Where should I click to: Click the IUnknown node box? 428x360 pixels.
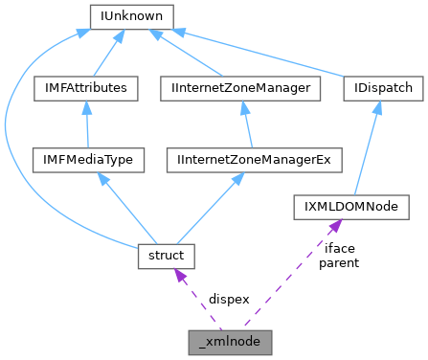(130, 16)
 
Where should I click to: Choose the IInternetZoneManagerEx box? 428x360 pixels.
(254, 158)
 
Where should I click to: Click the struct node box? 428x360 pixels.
(167, 256)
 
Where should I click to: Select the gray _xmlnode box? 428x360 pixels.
(230, 339)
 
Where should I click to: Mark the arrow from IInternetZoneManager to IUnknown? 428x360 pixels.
(191, 54)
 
